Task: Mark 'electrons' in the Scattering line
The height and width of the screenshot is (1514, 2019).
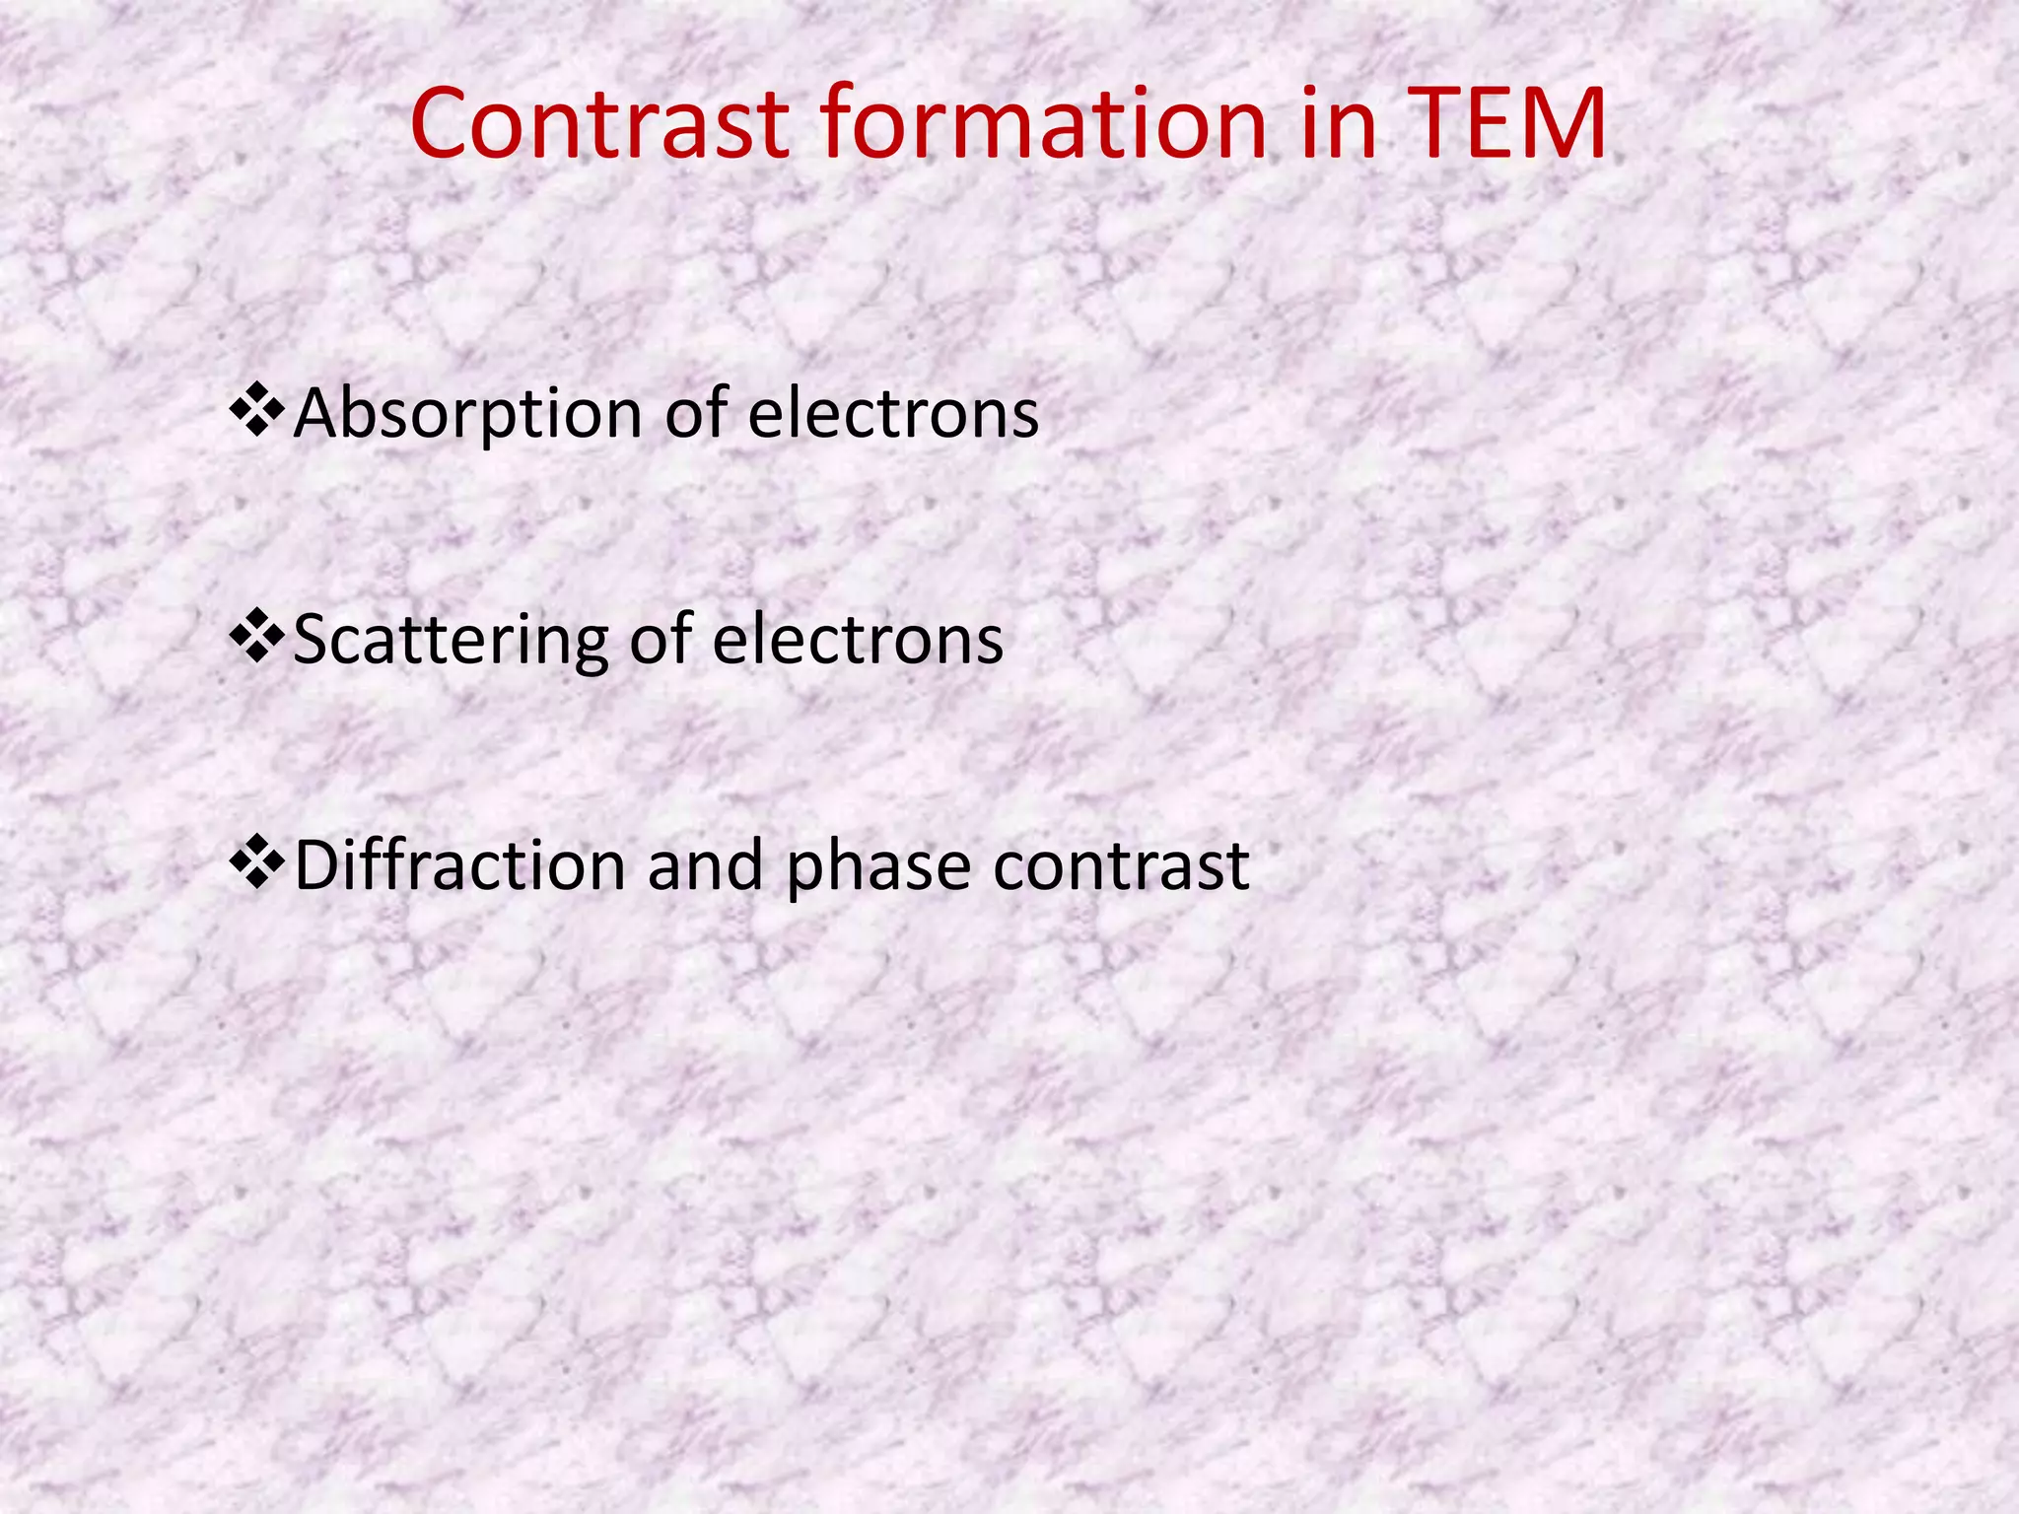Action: (858, 640)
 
